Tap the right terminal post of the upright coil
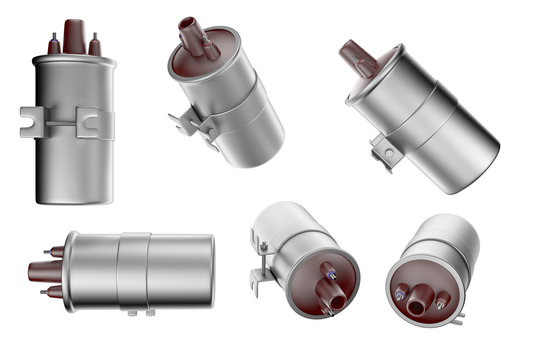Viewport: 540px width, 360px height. point(95,45)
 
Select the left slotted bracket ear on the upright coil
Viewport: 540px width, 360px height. point(31,122)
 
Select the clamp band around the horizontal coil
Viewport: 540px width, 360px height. point(133,270)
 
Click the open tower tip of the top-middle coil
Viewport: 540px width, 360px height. point(187,23)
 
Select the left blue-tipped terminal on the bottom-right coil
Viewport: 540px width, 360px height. point(400,294)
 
